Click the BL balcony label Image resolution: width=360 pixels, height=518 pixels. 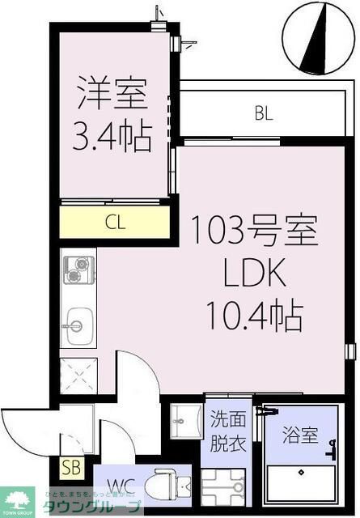click(263, 114)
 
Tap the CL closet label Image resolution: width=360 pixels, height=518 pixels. click(115, 223)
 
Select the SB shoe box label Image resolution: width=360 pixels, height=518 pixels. click(70, 468)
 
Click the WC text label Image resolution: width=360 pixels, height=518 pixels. click(121, 486)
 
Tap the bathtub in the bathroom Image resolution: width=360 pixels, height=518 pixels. click(303, 486)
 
